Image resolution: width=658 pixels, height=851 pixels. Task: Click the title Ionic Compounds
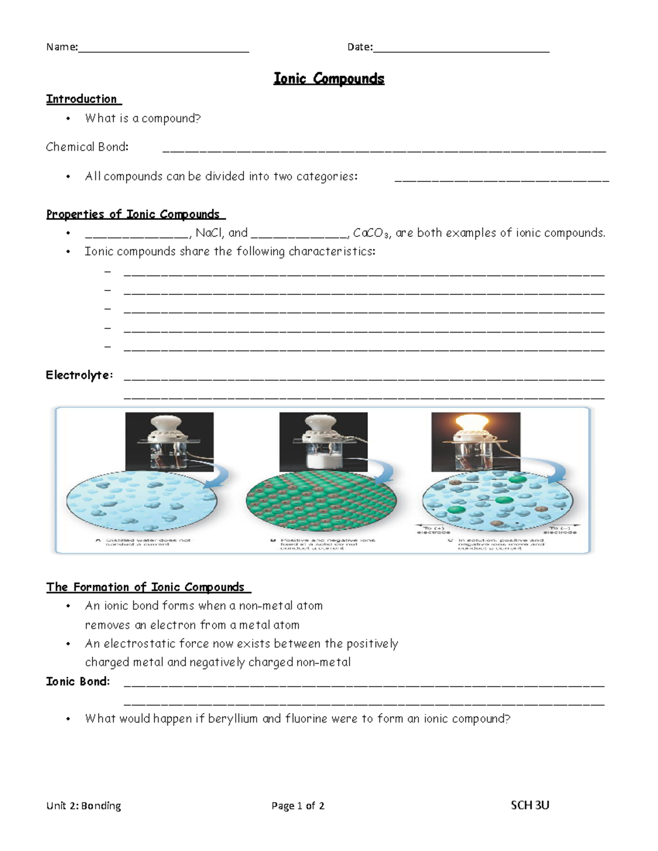(329, 79)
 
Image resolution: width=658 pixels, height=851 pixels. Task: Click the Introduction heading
(82, 99)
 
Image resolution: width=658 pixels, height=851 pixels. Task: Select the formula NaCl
(209, 233)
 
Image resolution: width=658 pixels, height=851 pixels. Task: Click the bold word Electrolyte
(79, 375)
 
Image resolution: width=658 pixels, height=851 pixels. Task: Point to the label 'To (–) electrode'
(560, 530)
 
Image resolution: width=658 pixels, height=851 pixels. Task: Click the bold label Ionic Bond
(78, 682)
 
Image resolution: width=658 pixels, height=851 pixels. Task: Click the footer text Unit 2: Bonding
(84, 806)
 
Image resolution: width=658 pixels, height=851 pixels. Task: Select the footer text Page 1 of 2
(298, 806)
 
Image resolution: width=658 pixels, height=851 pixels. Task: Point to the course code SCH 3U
(530, 805)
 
